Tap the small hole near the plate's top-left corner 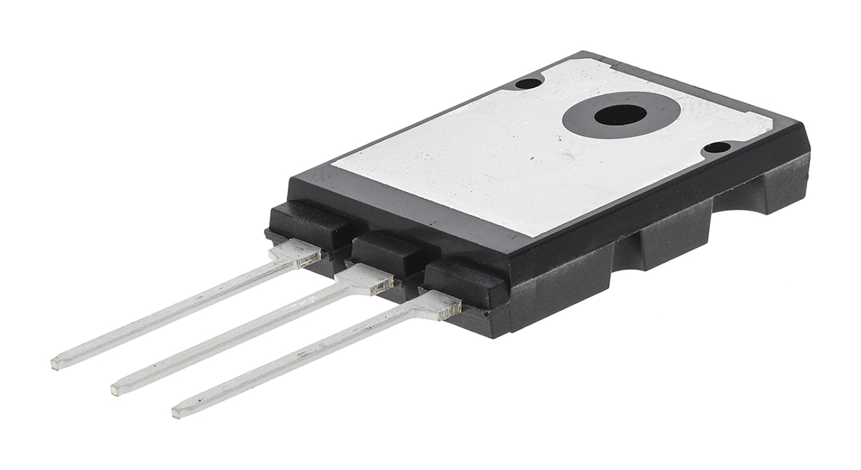point(529,83)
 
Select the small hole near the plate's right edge point(716,148)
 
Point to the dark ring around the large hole point(585,123)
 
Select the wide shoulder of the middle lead point(366,279)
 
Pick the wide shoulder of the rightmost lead point(434,304)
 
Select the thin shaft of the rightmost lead point(301,363)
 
